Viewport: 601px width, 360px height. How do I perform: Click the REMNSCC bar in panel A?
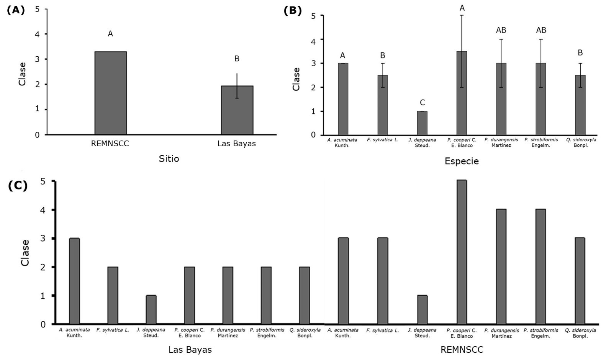(111, 93)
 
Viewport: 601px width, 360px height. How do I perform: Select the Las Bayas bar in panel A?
(237, 110)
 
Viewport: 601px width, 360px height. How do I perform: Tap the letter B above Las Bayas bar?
(237, 59)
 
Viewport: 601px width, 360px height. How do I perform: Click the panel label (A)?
(16, 10)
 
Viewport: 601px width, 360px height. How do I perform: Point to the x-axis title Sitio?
(169, 159)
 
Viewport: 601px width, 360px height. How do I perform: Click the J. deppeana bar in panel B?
(422, 123)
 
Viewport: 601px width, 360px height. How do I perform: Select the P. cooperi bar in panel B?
(462, 93)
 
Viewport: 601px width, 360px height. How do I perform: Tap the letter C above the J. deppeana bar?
(422, 103)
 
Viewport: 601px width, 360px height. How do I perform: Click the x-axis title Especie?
(462, 161)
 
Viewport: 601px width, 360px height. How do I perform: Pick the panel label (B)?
(293, 10)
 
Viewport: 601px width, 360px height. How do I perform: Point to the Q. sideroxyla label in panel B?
(580, 142)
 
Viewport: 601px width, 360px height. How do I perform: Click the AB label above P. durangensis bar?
(501, 30)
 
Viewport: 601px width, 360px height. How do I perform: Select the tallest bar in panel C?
(462, 252)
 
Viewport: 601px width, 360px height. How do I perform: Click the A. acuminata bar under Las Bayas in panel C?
(74, 281)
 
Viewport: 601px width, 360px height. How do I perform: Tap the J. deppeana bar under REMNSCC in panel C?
(422, 309)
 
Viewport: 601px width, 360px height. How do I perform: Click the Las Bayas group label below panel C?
(190, 350)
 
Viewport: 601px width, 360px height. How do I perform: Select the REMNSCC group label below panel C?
(462, 350)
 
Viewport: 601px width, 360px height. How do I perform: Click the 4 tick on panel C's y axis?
(43, 210)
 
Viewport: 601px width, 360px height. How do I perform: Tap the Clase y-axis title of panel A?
(23, 74)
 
